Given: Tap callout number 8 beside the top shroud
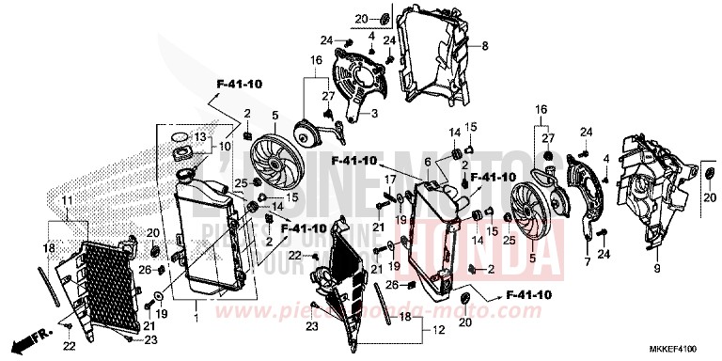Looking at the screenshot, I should [485, 46].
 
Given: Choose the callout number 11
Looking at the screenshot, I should [67, 202].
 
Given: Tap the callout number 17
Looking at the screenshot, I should [386, 179].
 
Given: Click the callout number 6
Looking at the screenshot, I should [429, 162].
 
